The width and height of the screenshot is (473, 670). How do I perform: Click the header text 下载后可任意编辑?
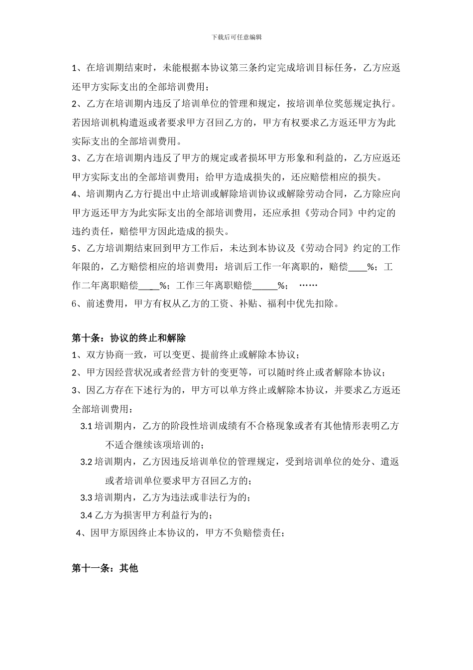tap(236, 37)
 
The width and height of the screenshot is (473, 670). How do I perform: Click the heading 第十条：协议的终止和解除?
tap(128, 338)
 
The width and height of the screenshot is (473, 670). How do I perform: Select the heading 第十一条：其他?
tap(105, 568)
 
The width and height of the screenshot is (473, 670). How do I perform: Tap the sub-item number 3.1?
tap(86, 426)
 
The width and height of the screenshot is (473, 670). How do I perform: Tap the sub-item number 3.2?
tap(86, 462)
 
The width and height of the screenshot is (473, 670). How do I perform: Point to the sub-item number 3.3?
tap(86, 498)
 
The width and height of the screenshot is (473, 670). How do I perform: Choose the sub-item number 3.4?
tap(86, 515)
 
